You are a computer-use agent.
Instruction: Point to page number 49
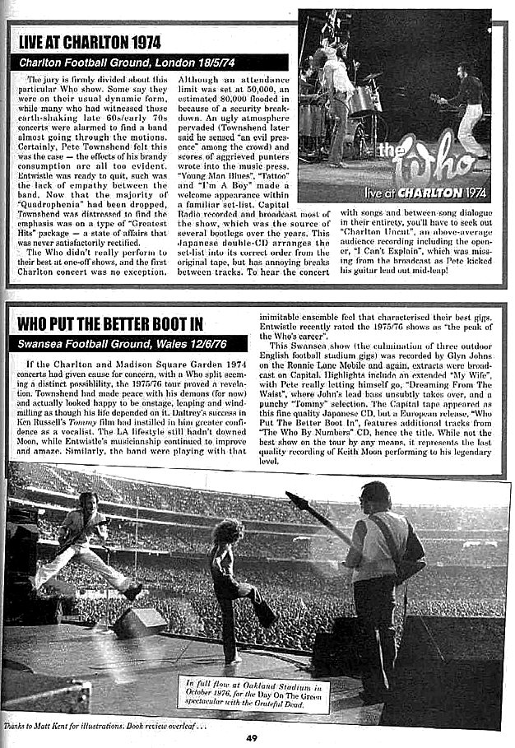252,736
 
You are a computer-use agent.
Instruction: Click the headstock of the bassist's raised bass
293,498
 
